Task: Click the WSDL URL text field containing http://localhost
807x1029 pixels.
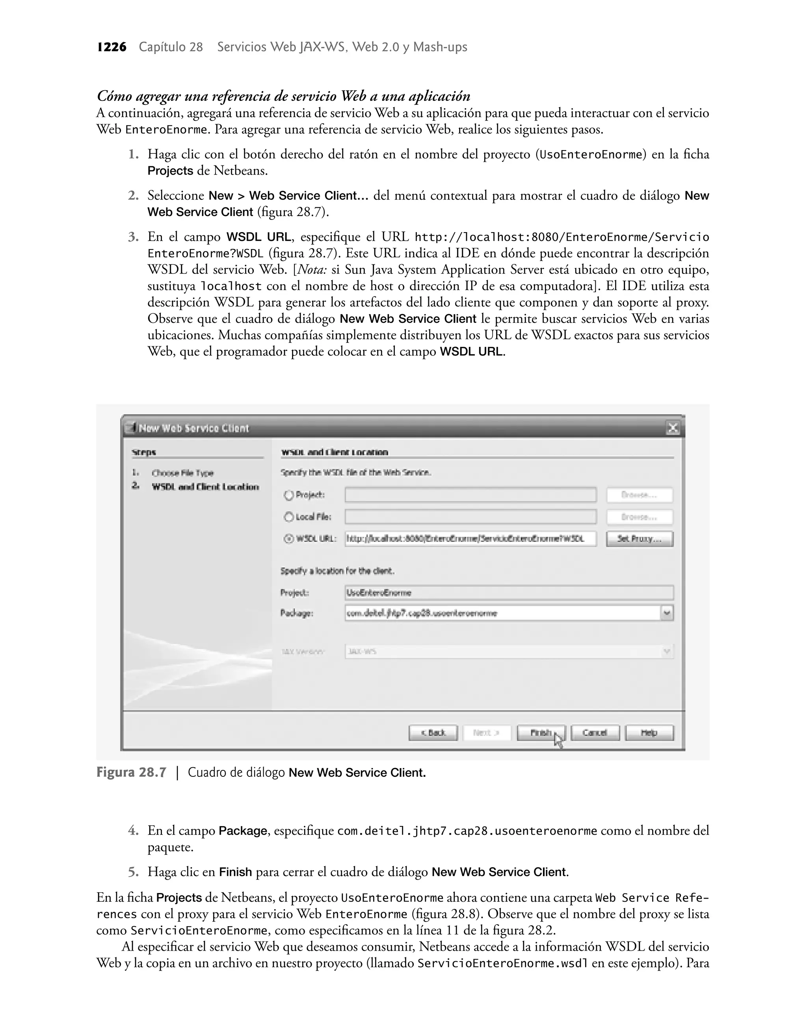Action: point(470,539)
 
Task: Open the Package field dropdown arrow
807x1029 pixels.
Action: point(667,613)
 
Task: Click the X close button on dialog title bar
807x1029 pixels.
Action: point(672,428)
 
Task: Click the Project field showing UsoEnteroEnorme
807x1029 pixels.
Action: point(509,592)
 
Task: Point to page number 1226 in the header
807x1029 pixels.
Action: point(112,47)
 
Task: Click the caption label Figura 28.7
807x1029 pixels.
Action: point(131,772)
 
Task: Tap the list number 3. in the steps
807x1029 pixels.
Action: point(133,237)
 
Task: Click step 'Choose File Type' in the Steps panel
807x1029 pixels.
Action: point(182,473)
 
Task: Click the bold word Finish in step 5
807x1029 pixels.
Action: point(235,872)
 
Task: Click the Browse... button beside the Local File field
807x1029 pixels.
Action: point(639,517)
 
